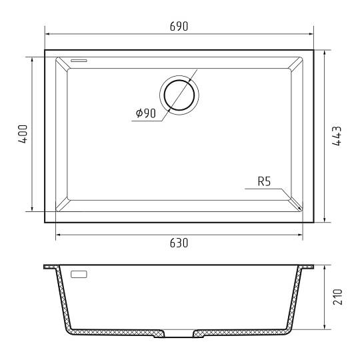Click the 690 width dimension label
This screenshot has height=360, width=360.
tap(179, 26)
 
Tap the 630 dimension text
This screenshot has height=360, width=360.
tap(179, 243)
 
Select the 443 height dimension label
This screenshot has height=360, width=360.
tap(337, 136)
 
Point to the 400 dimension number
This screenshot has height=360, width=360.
tap(23, 134)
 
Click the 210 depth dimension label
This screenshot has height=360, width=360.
tap(337, 297)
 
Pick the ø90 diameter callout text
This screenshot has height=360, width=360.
tap(146, 113)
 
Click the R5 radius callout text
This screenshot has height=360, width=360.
tap(264, 181)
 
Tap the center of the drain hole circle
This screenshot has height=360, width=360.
tap(179, 95)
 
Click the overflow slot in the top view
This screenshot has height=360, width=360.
tap(79, 61)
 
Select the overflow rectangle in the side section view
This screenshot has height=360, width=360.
tap(79, 275)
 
